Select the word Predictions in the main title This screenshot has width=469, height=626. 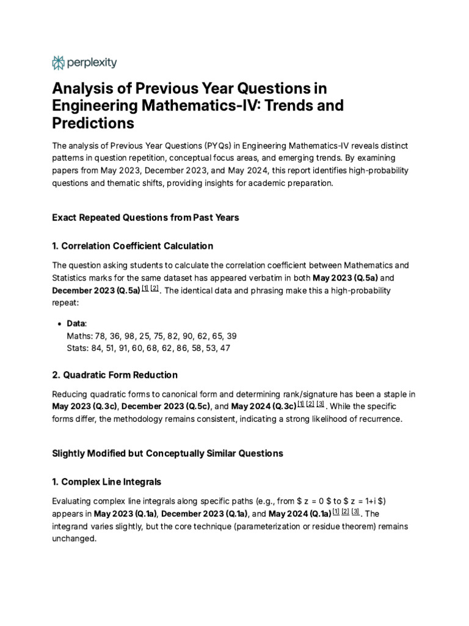[93, 123]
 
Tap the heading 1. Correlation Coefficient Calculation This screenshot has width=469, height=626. [133, 246]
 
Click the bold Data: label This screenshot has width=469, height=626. [77, 323]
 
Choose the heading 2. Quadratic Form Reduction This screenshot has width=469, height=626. [115, 374]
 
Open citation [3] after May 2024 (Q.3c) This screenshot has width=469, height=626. [321, 405]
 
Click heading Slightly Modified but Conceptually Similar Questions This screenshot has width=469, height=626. [168, 453]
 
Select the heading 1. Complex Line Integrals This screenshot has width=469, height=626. [107, 482]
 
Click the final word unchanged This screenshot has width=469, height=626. [75, 539]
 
